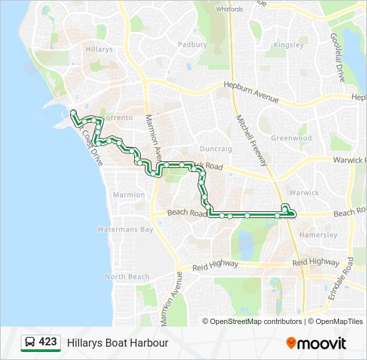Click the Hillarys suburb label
(x=99, y=50)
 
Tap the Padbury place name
(x=193, y=45)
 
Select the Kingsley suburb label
(x=288, y=45)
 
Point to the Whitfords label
(x=230, y=9)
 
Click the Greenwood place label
(x=292, y=139)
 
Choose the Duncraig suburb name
(x=216, y=149)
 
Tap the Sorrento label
(x=117, y=117)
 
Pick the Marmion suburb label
(x=129, y=195)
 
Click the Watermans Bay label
(x=125, y=229)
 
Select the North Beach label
(x=127, y=277)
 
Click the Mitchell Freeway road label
(x=252, y=140)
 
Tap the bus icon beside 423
(x=31, y=342)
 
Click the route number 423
(x=48, y=342)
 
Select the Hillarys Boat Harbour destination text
(x=117, y=343)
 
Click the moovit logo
(x=316, y=343)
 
